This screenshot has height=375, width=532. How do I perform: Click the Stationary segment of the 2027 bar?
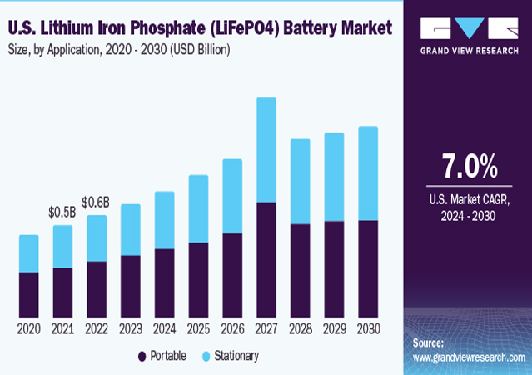tap(266, 150)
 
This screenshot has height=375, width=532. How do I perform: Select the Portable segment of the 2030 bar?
tap(367, 268)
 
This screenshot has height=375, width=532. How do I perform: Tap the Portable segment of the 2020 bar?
tap(29, 294)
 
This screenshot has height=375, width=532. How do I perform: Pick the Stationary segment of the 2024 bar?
tap(164, 220)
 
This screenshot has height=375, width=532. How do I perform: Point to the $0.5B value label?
tap(62, 213)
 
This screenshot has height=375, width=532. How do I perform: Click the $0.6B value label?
tap(96, 202)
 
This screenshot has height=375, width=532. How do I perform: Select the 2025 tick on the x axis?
tap(198, 329)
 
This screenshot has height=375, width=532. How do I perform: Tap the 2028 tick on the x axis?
tap(300, 329)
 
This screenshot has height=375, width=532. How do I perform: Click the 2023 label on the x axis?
tap(130, 329)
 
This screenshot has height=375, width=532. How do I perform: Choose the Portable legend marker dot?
tap(142, 356)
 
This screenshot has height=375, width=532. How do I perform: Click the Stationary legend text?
tap(236, 356)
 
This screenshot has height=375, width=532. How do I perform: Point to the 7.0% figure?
tap(469, 167)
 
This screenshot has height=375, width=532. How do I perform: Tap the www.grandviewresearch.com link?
tap(469, 357)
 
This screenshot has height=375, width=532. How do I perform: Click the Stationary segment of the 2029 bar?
tap(334, 177)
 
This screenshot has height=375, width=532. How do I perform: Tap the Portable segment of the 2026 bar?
tap(232, 274)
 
